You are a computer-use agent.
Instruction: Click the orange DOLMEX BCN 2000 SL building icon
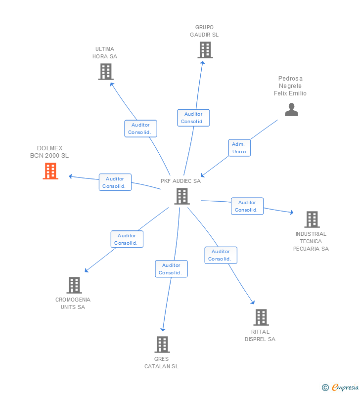[x=50, y=171]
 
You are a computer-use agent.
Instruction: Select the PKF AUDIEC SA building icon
[x=181, y=196]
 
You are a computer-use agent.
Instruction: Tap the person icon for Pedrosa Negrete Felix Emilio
[x=291, y=110]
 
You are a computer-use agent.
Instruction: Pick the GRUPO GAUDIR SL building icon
[x=205, y=50]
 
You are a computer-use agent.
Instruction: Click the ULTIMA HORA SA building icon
[x=105, y=72]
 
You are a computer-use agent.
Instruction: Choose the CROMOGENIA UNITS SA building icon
[x=74, y=285]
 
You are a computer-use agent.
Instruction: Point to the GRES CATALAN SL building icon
[x=162, y=345]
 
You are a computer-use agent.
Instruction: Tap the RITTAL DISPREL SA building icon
[x=261, y=317]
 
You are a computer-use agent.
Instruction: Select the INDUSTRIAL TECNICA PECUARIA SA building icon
[x=312, y=219]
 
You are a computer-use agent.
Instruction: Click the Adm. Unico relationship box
[x=239, y=148]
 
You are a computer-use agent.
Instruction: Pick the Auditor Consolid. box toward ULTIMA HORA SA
[x=140, y=129]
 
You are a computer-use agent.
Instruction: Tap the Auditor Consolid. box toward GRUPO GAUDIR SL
[x=193, y=118]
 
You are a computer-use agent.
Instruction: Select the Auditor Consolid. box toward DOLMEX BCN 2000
[x=115, y=182]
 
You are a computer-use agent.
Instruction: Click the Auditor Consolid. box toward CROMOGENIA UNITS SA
[x=127, y=239]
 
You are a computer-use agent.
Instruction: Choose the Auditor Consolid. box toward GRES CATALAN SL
[x=171, y=269]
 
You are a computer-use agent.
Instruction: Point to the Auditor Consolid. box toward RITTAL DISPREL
[x=221, y=255]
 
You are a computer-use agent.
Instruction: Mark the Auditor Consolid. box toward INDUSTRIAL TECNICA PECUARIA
[x=247, y=206]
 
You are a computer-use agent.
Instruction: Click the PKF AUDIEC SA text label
[x=180, y=181]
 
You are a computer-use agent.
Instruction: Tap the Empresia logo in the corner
[x=341, y=387]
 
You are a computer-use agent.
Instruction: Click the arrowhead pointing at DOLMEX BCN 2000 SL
[x=71, y=176]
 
